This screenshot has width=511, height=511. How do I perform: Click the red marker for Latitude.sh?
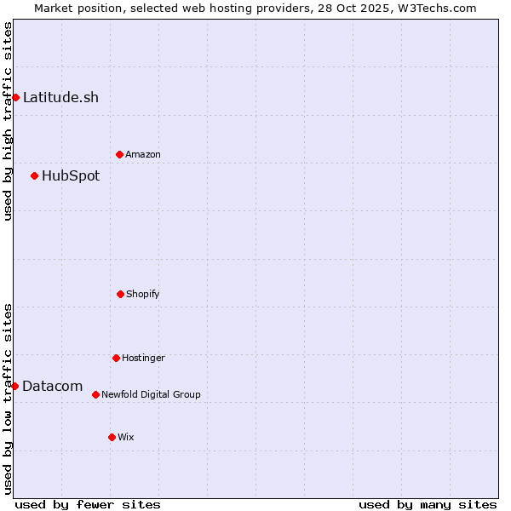point(15,97)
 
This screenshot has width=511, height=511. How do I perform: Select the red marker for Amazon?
point(119,154)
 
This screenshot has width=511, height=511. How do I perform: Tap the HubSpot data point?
point(34,175)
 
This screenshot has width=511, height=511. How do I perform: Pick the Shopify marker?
point(120,294)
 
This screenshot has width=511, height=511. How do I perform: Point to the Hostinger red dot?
point(116,358)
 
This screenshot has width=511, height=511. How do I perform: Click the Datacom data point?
point(14,386)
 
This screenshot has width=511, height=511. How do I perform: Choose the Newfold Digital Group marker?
point(95,394)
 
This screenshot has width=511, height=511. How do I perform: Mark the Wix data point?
point(112,437)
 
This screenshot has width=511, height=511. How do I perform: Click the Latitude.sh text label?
point(60,97)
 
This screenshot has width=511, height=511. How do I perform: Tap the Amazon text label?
point(143,154)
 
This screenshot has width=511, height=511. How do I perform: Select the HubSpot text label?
point(71,176)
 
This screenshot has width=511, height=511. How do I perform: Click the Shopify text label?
point(143,294)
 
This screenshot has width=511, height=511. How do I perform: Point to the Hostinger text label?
point(143,358)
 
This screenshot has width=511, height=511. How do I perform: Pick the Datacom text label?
point(52,387)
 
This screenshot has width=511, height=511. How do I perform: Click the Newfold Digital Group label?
point(151,394)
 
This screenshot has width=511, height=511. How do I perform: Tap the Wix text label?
point(126,437)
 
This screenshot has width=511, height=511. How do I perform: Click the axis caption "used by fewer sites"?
point(88,504)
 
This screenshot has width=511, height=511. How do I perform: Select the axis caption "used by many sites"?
point(428,504)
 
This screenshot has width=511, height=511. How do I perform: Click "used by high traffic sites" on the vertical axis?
point(8,121)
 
